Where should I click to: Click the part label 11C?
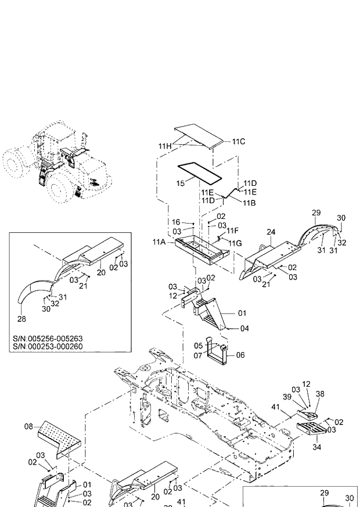(x=239, y=141)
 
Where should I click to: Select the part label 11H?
(x=165, y=145)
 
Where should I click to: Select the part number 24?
(x=271, y=232)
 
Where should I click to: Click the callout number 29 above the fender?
(x=316, y=213)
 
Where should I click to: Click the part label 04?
(x=244, y=328)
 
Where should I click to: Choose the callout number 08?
(x=28, y=427)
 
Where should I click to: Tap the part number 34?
(x=316, y=447)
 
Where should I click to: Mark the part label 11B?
(x=249, y=203)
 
